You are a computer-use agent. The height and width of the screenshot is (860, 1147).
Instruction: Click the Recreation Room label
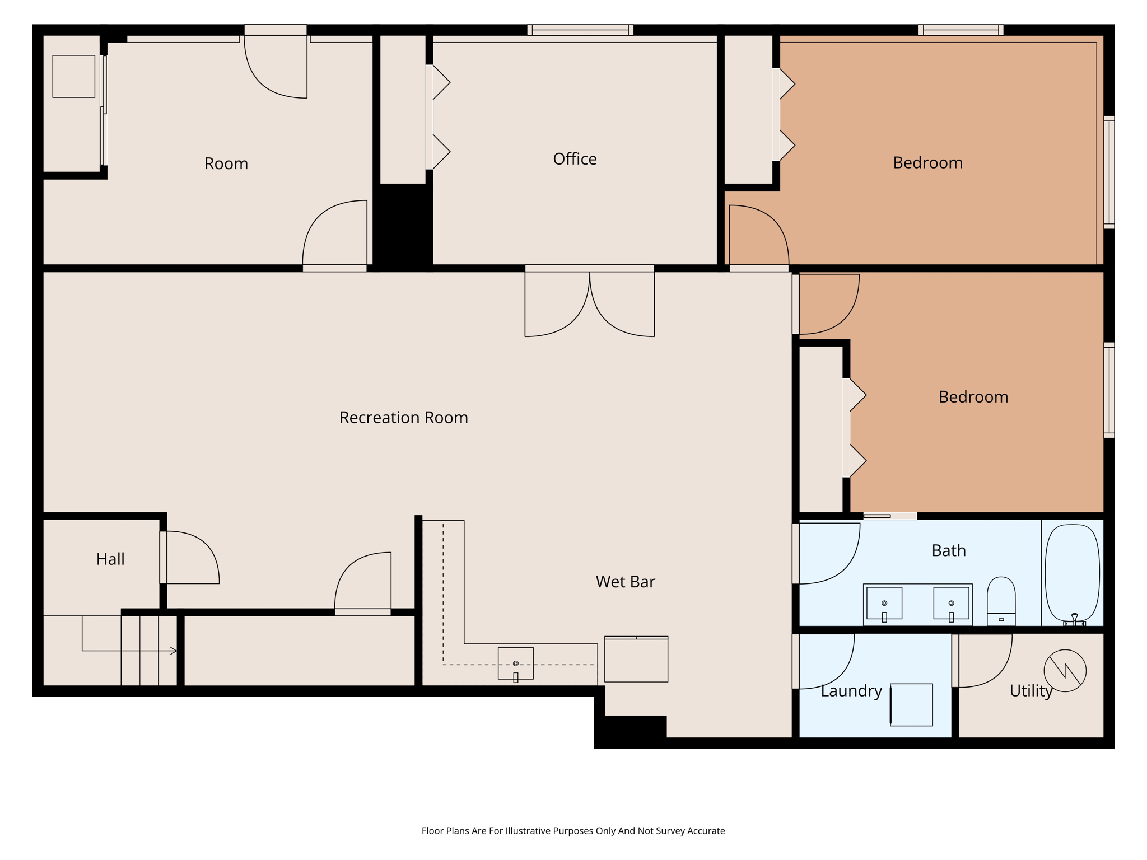pos(403,418)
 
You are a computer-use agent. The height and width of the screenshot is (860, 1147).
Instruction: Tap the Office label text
pos(575,159)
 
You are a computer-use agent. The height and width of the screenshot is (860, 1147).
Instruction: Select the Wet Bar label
pos(625,582)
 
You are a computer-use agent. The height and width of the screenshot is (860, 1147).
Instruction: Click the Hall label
pos(110,559)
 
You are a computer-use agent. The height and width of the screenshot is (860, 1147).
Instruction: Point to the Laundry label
pos(851,691)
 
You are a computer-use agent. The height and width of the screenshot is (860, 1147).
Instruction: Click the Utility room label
pos(1031,691)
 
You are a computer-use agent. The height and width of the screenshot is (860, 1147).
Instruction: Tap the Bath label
pos(948,551)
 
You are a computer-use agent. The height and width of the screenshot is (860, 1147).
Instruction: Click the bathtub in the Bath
pos(1072,573)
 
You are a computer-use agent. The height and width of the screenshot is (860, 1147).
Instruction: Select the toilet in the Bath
pos(1001,600)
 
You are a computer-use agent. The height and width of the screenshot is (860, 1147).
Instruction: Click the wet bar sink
pos(515,663)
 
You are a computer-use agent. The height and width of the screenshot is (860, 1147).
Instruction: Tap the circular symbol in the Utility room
pos(1065,670)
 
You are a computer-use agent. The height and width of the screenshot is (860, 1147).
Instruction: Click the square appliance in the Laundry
pos(911,704)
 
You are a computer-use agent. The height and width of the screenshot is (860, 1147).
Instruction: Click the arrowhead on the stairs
pos(173,651)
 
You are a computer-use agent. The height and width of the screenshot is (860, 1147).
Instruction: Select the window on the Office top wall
pos(580,30)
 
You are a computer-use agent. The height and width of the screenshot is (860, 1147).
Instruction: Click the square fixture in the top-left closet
pos(73,76)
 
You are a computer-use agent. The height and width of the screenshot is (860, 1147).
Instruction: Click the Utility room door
pos(983,661)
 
